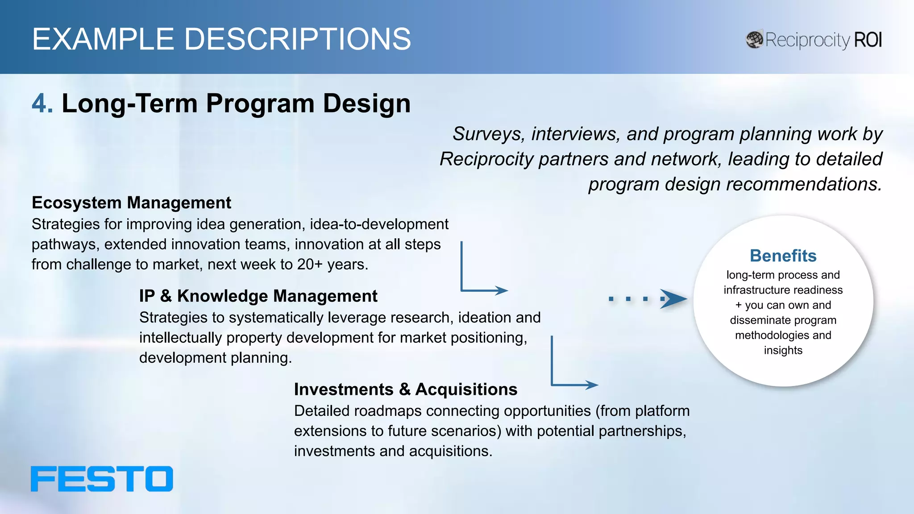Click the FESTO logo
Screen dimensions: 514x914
tap(102, 479)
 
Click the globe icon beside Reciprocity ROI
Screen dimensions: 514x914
tap(754, 40)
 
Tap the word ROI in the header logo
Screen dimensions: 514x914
tap(868, 40)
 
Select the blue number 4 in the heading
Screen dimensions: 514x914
tap(42, 104)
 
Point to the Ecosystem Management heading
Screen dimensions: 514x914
tap(131, 203)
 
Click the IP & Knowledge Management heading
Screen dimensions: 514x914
tap(258, 296)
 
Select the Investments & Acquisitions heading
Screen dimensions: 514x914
tap(405, 390)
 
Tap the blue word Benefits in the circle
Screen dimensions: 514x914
tap(783, 256)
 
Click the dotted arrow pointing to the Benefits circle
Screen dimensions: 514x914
tap(647, 299)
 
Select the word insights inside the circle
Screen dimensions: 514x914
tap(783, 351)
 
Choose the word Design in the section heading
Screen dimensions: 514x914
tap(366, 104)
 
